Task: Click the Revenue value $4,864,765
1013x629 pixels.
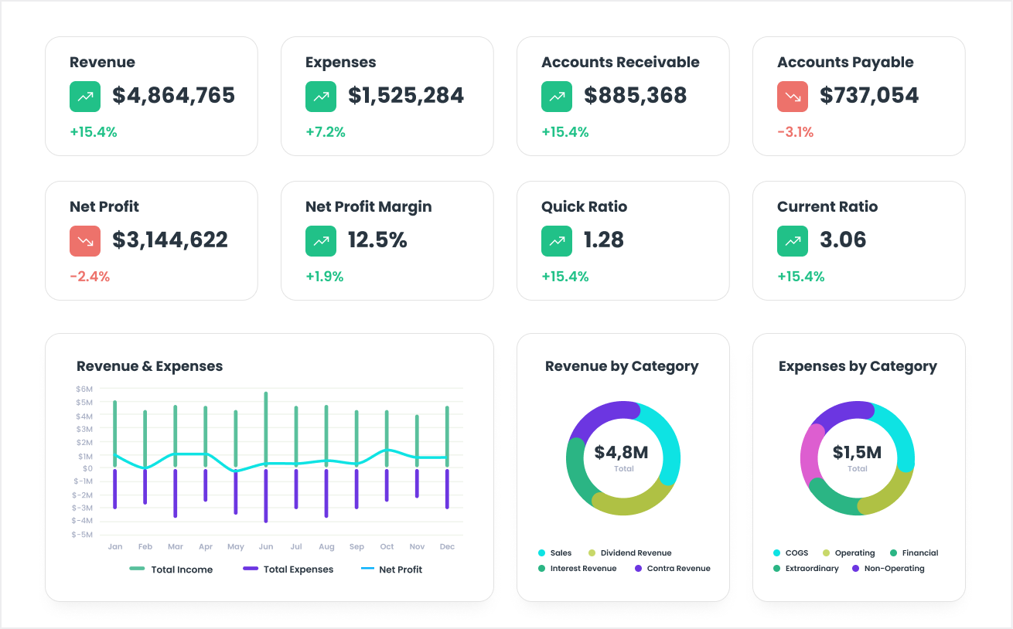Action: click(173, 95)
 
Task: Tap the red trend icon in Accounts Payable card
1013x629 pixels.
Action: click(792, 97)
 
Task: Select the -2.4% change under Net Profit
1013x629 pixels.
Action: click(90, 276)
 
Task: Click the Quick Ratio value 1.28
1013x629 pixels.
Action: click(603, 240)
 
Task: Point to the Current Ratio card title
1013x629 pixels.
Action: click(827, 206)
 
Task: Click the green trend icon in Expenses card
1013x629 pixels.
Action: click(320, 97)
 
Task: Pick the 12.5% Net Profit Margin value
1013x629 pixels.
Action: click(377, 240)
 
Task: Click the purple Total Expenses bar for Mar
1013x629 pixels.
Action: click(176, 493)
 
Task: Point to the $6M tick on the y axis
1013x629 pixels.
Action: click(84, 389)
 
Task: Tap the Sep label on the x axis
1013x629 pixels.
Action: click(356, 546)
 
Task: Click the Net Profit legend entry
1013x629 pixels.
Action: click(391, 569)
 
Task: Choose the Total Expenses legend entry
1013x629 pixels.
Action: click(288, 569)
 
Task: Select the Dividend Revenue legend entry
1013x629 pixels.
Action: click(629, 552)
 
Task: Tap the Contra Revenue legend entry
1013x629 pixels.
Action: click(672, 568)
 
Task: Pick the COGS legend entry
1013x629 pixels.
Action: click(791, 552)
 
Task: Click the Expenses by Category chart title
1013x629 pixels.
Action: click(858, 366)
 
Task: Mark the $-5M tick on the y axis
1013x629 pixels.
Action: click(82, 535)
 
